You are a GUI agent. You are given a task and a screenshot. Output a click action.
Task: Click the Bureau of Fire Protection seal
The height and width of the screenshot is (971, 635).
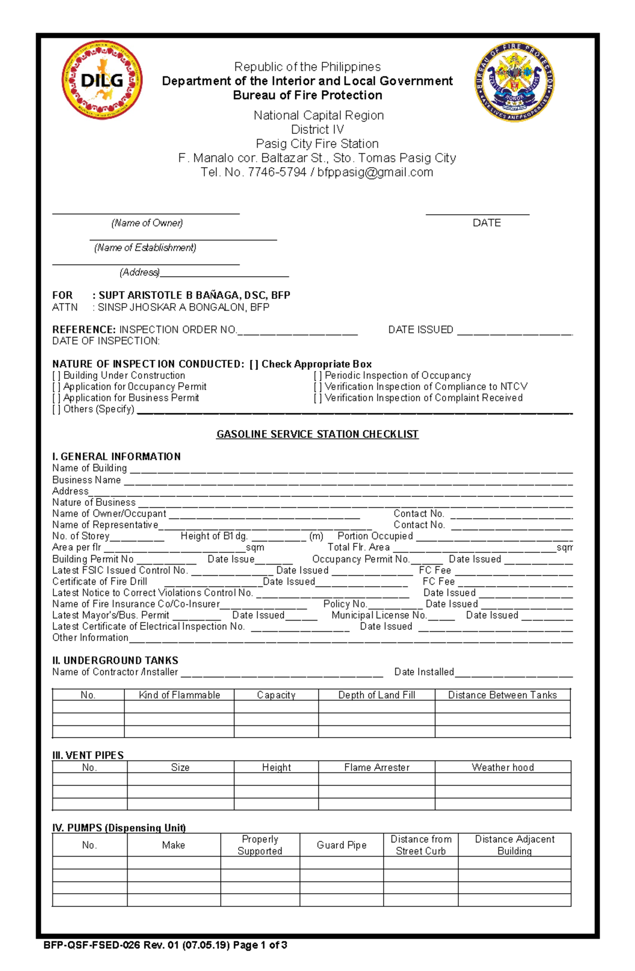coord(514,81)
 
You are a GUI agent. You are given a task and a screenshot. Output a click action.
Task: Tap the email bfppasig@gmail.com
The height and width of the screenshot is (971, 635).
coord(375,172)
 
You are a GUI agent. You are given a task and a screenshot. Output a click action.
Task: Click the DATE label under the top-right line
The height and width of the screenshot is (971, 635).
coord(486,223)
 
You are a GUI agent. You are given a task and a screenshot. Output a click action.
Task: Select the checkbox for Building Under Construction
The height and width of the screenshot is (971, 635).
coord(57,375)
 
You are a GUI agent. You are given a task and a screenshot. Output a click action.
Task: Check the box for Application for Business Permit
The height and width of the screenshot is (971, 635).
coord(57,398)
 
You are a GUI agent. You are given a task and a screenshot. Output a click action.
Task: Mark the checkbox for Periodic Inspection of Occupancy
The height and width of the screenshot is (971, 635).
coord(317,375)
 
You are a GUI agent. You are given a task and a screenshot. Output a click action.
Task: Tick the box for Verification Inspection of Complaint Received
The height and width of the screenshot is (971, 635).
coord(317,398)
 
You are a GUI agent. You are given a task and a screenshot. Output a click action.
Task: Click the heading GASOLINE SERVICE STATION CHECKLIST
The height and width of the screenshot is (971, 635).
coord(317,434)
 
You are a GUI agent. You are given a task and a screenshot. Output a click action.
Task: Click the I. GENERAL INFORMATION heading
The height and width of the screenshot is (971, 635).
coord(116,456)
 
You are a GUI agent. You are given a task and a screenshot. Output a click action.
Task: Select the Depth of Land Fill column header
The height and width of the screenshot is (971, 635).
coord(376,695)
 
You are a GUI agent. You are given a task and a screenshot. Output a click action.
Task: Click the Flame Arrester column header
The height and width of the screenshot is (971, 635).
coord(376,767)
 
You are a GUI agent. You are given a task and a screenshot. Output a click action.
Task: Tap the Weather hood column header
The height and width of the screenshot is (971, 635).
coord(503,767)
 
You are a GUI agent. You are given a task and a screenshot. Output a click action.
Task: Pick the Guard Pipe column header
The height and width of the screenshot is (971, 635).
coord(341,845)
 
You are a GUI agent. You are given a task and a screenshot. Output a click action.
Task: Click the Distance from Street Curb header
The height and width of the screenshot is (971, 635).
coord(421,845)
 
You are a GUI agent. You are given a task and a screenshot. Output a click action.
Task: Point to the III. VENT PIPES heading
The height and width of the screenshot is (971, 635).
coord(88,755)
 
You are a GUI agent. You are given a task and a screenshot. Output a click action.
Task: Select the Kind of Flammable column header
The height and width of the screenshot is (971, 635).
coord(179,695)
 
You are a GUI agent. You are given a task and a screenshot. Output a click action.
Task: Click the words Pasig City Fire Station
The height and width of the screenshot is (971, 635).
coord(317,143)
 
